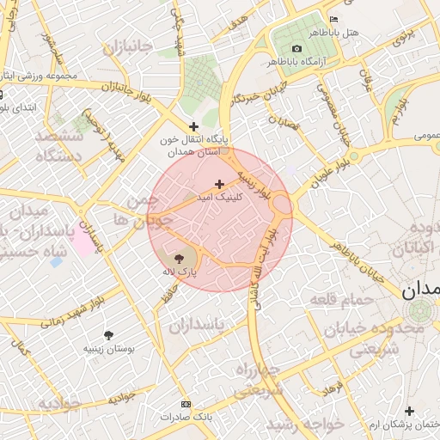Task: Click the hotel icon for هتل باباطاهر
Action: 334,20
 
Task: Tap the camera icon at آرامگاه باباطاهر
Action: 296,48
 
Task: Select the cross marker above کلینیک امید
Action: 219,183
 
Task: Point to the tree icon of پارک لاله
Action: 179,258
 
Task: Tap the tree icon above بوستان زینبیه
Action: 107,335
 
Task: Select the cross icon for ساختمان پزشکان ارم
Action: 409,412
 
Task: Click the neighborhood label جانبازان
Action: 127,47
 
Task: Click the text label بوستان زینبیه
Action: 107,350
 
